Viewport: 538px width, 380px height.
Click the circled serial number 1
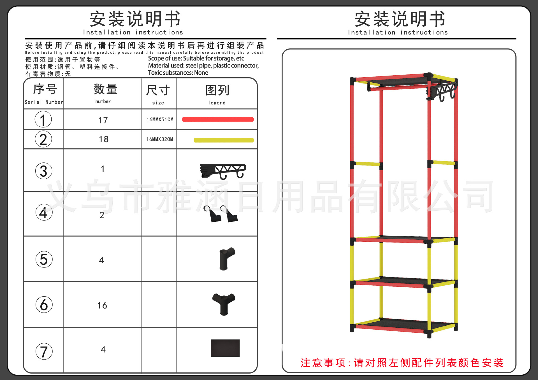tap(43, 120)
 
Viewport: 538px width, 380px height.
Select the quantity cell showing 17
tap(103, 120)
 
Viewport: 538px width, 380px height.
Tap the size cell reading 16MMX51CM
tap(160, 120)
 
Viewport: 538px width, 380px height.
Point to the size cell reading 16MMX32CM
tap(160, 139)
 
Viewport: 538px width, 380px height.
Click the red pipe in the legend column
tap(218, 120)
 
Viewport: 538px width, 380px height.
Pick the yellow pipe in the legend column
tap(224, 140)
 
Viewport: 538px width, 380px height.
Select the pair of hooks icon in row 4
tap(221, 214)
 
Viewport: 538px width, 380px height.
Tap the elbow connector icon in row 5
tap(227, 259)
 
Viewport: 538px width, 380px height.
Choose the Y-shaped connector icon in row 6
tap(224, 304)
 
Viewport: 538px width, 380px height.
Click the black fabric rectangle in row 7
tap(225, 348)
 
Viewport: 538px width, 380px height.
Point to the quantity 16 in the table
tap(102, 305)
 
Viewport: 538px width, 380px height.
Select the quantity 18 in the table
tap(103, 139)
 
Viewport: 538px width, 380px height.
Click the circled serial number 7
tap(44, 351)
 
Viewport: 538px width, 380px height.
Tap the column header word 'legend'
tap(217, 103)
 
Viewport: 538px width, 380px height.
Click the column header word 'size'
tap(158, 103)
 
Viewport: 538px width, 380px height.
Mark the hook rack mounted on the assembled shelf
tap(441, 91)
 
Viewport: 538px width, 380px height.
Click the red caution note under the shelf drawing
tap(402, 363)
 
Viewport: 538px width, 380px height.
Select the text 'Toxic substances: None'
tap(178, 73)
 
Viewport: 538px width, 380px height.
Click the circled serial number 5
tap(44, 259)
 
